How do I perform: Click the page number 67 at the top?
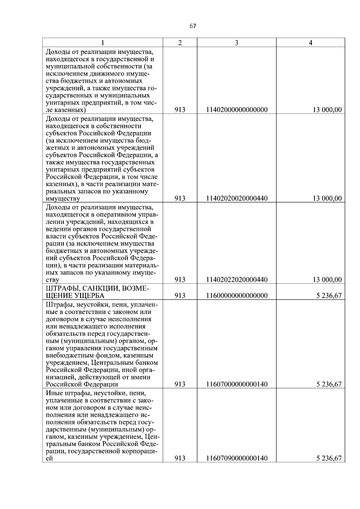pos(193,26)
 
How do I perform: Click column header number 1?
pos(103,43)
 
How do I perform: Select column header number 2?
pos(180,43)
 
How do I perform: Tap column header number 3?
pos(236,43)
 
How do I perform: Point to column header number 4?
pos(310,43)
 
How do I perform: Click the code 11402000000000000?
pos(237,110)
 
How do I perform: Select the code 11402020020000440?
pos(237,198)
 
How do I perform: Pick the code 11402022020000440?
pos(237,280)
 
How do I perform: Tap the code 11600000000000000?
pos(237,296)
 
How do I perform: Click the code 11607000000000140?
pos(237,384)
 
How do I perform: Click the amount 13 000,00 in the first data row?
pos(327,110)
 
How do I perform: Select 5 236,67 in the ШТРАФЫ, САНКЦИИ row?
pos(329,296)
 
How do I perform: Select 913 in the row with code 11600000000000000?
pos(180,296)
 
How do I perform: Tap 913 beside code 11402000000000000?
pos(180,110)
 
